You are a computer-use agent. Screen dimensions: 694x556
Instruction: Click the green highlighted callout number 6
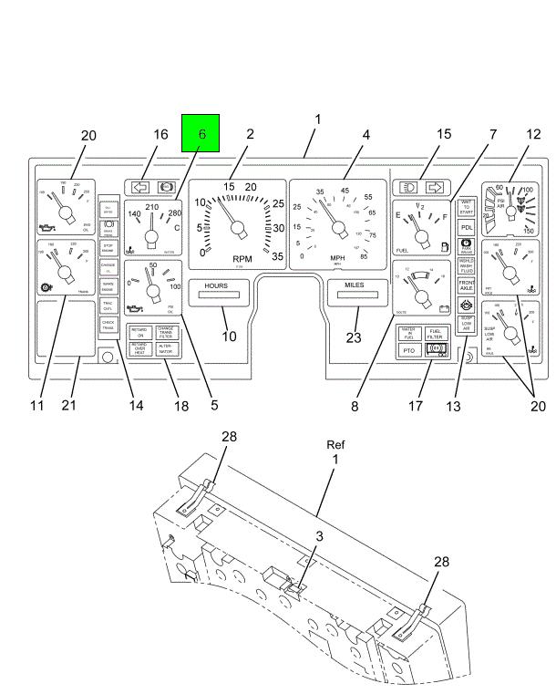[201, 133]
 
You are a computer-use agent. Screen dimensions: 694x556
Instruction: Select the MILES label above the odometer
[354, 285]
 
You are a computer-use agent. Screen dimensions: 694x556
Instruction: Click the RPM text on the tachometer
[242, 259]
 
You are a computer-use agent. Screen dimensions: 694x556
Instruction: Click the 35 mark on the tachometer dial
[277, 255]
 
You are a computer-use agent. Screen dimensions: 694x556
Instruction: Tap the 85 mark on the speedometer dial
[365, 255]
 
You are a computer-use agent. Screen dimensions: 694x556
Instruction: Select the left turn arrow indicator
[141, 187]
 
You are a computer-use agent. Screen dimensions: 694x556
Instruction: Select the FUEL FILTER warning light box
[435, 333]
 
